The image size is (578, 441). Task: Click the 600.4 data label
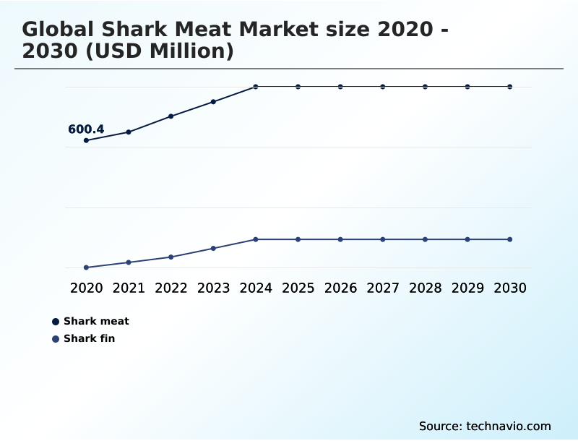click(x=86, y=129)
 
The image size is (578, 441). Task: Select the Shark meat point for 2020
click(x=86, y=140)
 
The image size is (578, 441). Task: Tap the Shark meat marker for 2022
click(x=171, y=116)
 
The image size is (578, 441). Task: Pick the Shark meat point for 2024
click(x=256, y=87)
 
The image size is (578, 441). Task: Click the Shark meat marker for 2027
click(x=383, y=87)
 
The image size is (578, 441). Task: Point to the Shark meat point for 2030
click(x=510, y=87)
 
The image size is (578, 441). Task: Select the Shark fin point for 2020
click(x=86, y=267)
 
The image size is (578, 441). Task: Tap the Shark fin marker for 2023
click(x=213, y=248)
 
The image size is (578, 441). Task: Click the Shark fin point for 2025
click(x=298, y=239)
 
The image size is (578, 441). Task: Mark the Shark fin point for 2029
click(x=467, y=239)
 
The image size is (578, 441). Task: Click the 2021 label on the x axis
click(x=129, y=288)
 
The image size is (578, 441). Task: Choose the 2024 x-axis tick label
click(x=256, y=288)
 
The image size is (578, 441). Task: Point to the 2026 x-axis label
click(x=340, y=288)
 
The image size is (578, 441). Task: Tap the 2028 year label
click(x=426, y=288)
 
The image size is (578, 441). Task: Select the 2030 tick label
click(x=510, y=288)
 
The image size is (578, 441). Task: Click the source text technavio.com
click(x=509, y=426)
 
